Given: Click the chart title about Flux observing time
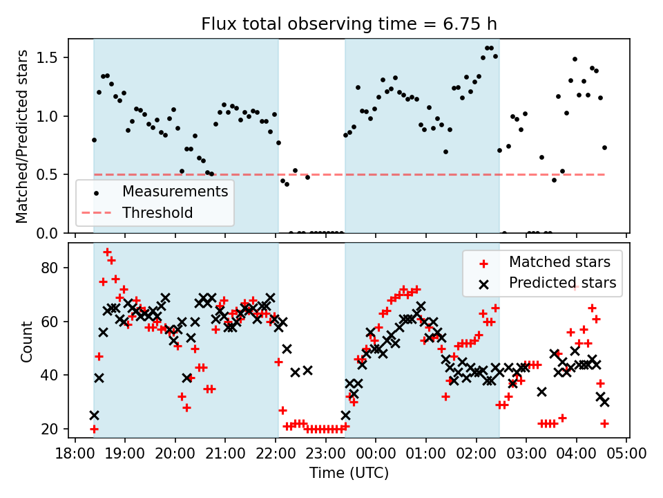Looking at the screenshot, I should tap(349, 24).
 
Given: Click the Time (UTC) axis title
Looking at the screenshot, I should tap(349, 474).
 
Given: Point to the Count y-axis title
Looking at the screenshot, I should tap(26, 341).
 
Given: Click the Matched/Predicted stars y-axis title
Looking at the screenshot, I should tap(22, 136).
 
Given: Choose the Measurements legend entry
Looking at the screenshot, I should tap(175, 192).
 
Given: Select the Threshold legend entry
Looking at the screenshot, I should tap(157, 212).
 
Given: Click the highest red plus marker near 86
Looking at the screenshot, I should tap(107, 252).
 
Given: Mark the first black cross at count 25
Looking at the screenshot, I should tap(94, 416).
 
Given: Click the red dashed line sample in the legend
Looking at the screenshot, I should tap(96, 212).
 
